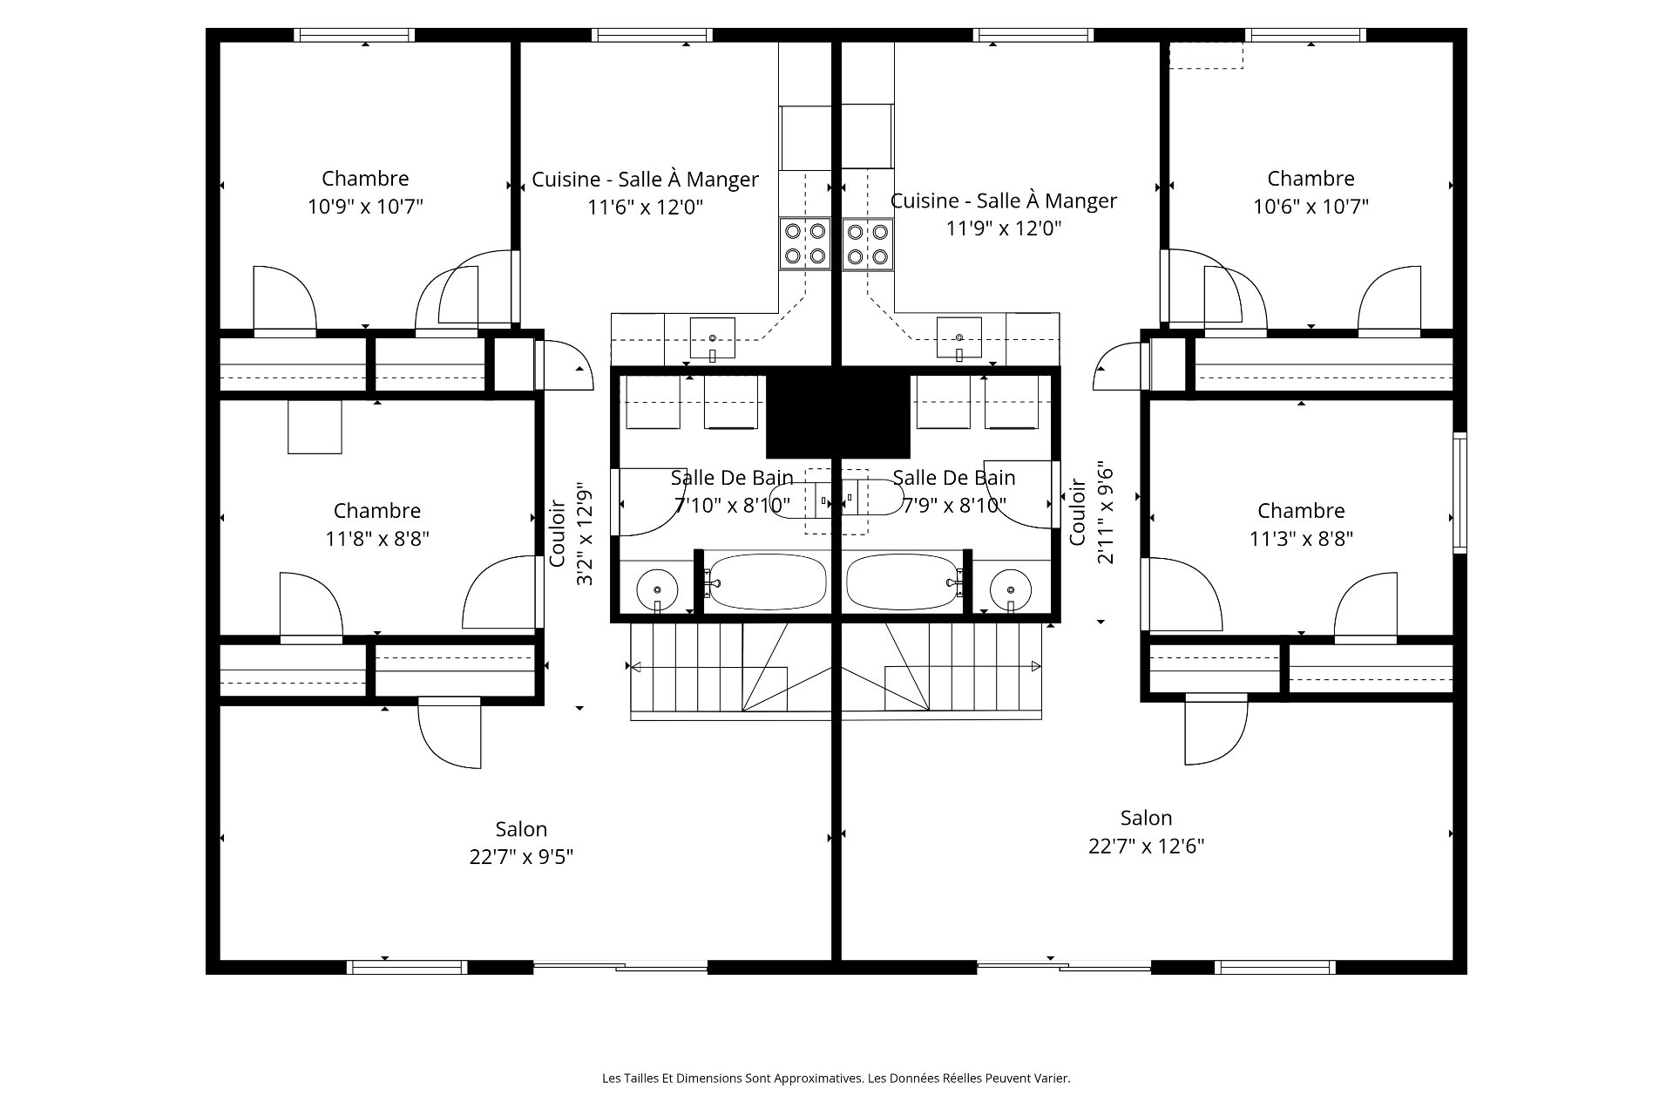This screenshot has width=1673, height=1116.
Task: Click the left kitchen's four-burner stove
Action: coord(804,243)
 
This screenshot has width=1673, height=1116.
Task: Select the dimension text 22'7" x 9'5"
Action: coord(521,857)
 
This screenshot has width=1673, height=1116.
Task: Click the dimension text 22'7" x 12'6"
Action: coord(1146,846)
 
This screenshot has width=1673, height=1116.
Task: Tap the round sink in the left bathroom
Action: coord(657,589)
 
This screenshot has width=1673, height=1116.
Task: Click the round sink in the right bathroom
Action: coord(1011,589)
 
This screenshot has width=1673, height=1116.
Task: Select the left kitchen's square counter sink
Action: coord(713,338)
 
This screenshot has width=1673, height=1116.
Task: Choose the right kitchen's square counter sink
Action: coord(959,338)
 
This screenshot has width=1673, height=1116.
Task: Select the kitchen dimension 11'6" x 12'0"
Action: coord(645,207)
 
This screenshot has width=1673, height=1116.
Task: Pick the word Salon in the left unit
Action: coord(521,829)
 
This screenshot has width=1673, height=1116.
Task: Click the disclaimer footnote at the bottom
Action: coord(836,1079)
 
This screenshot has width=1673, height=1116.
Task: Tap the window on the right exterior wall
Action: coord(1460,493)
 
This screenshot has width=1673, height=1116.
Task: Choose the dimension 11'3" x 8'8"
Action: coord(1301,539)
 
